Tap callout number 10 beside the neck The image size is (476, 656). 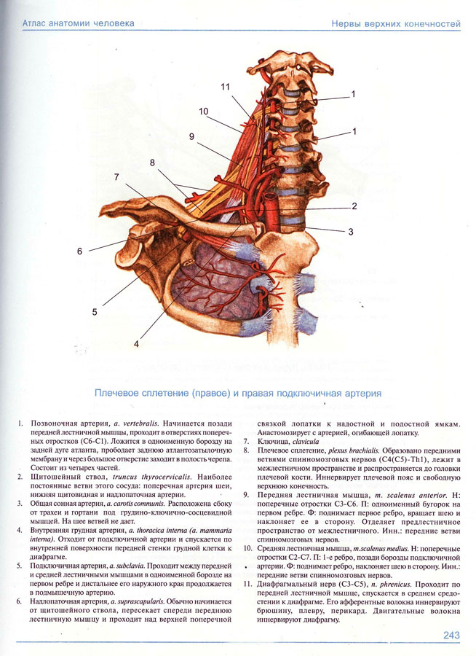tap(203, 111)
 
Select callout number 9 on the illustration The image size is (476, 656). tap(191, 136)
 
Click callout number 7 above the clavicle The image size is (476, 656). tap(116, 177)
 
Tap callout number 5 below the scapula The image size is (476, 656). tap(95, 312)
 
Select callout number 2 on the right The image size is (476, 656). tap(354, 206)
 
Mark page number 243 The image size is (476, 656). tap(451, 636)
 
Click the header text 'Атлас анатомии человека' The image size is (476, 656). tap(78, 23)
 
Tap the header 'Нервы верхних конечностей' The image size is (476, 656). tap(396, 23)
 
